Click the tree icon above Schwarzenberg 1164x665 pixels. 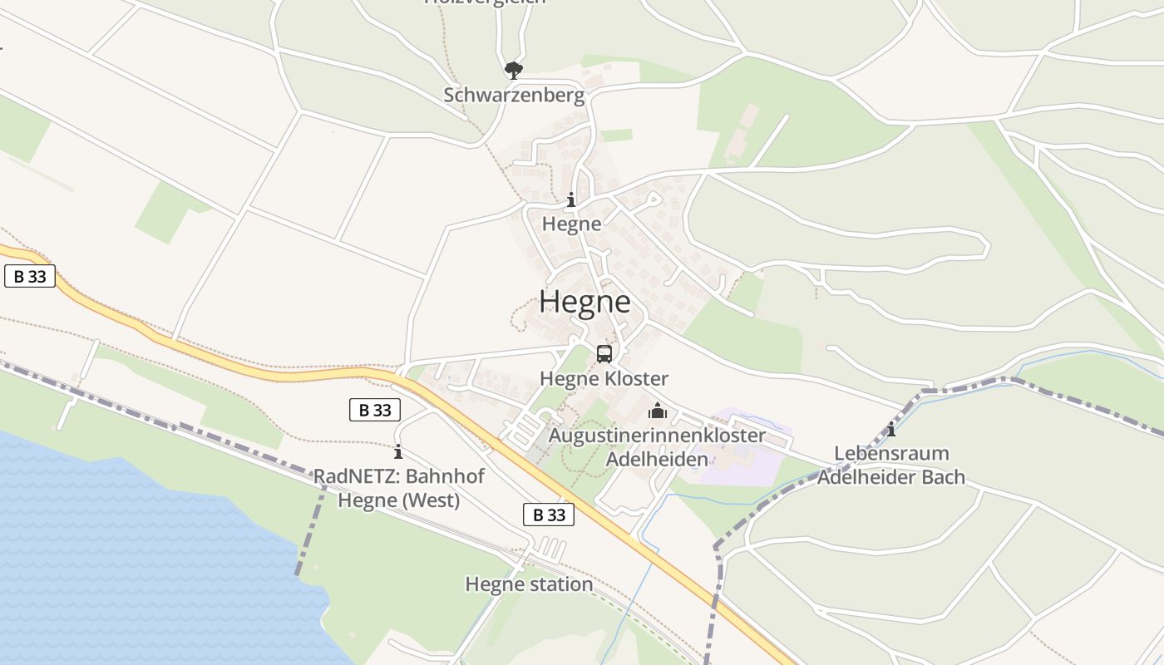(514, 70)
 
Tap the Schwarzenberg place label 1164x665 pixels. (514, 95)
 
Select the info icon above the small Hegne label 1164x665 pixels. (571, 200)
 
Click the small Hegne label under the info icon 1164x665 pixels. (571, 224)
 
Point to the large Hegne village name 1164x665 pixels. (584, 301)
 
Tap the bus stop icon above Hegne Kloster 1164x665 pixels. (604, 354)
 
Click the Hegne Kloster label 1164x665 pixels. (604, 379)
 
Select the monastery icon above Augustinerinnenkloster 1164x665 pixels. (658, 411)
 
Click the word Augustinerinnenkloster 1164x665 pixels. (657, 436)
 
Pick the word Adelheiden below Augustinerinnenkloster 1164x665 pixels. (657, 459)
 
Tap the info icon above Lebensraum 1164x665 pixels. (891, 430)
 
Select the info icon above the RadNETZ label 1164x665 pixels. (398, 452)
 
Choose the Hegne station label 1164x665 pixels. (529, 584)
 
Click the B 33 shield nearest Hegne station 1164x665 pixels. (549, 515)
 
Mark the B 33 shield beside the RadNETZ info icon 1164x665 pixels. (374, 409)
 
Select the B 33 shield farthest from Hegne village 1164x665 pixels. (30, 277)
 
